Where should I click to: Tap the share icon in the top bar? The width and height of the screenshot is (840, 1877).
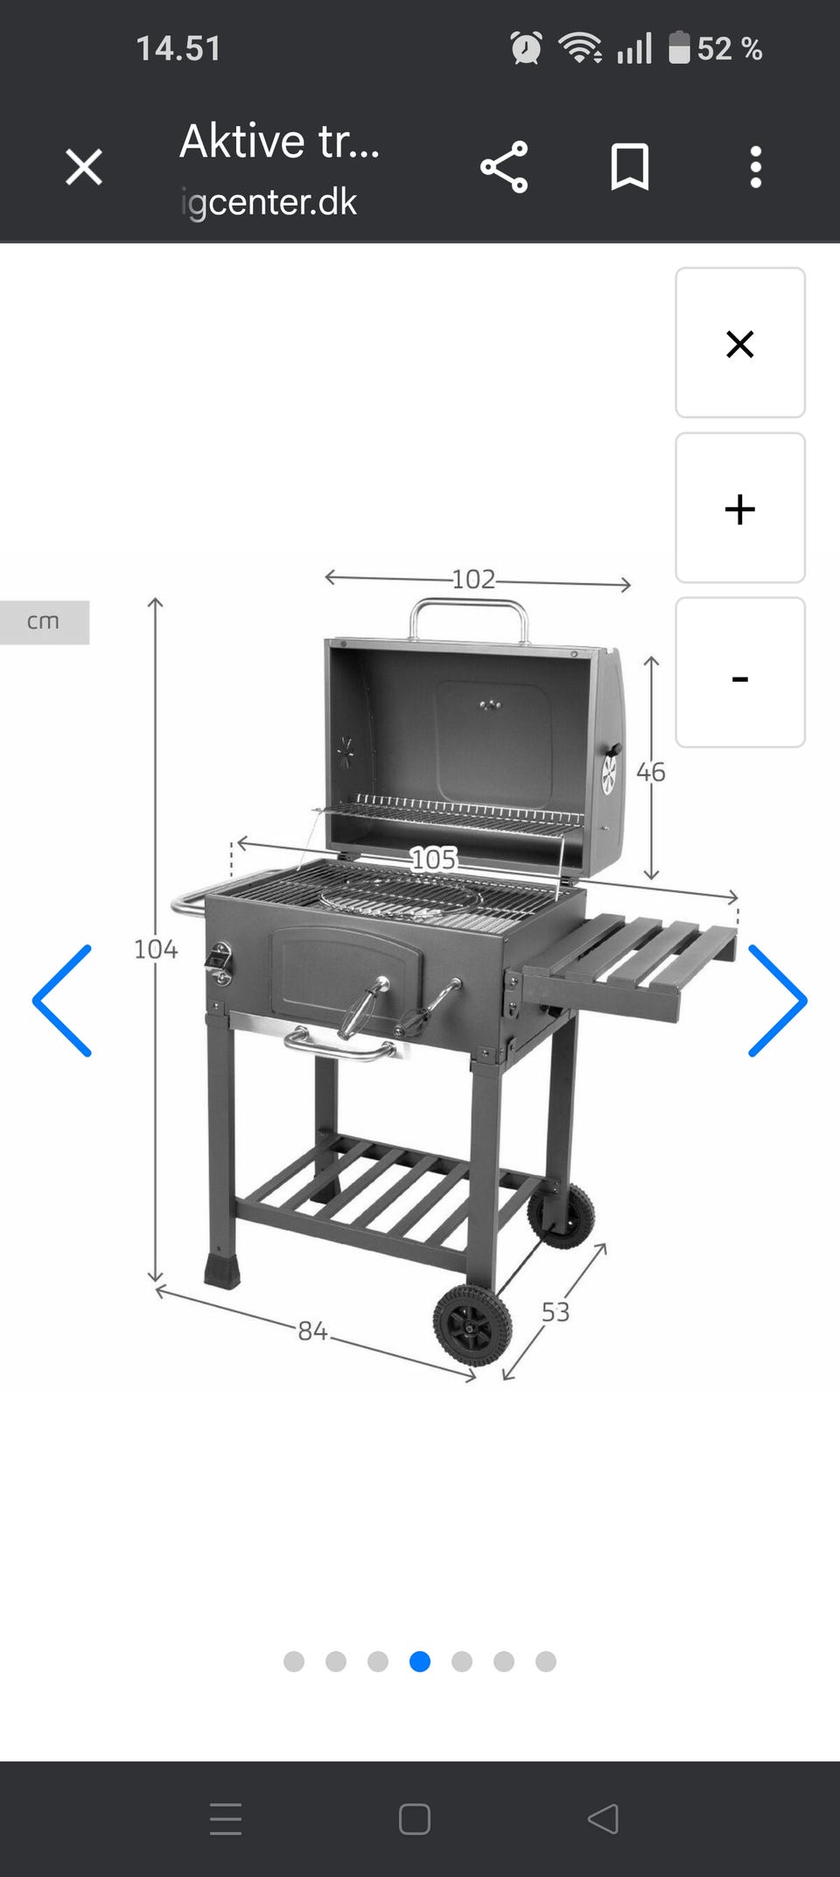[x=504, y=166]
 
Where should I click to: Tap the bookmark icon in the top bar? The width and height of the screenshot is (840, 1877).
[x=629, y=166]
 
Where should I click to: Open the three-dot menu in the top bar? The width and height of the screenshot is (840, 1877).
[x=756, y=166]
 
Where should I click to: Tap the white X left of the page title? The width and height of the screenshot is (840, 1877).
[x=84, y=166]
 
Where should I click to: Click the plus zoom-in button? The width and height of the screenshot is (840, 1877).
[x=740, y=508]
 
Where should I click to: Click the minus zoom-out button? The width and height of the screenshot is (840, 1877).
[x=740, y=672]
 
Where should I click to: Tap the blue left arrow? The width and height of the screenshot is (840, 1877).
[x=62, y=1001]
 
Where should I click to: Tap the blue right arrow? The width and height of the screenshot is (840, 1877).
[x=777, y=1001]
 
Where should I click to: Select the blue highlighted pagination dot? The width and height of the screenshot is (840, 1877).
[x=420, y=1661]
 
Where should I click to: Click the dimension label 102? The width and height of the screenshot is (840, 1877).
[x=473, y=579]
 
